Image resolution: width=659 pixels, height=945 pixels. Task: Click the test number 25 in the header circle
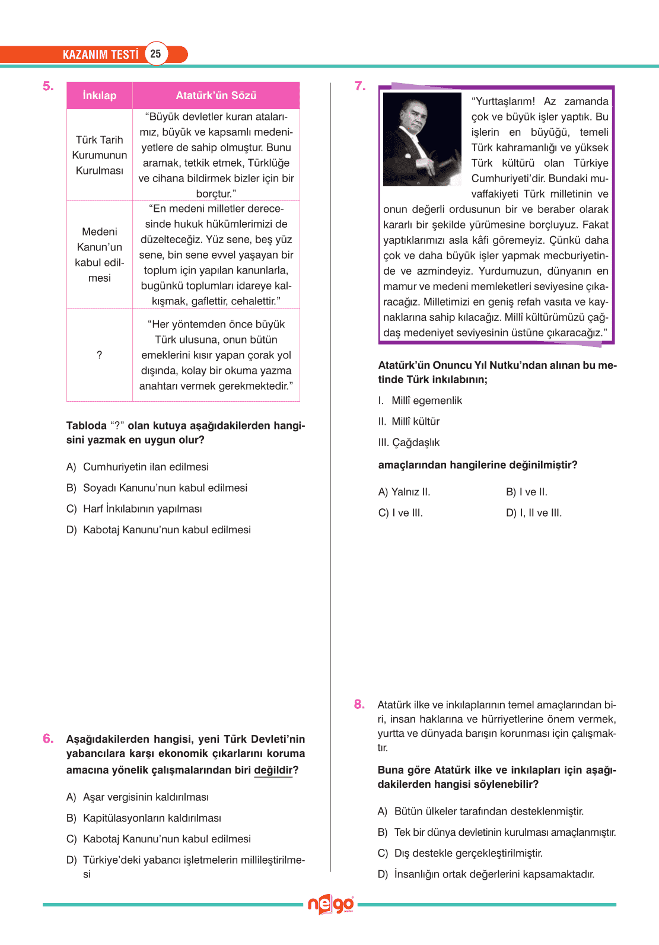(x=155, y=54)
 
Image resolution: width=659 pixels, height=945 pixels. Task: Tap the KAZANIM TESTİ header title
(x=100, y=55)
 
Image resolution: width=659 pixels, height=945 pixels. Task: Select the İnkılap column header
(x=100, y=96)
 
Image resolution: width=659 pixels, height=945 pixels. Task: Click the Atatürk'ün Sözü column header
(x=216, y=96)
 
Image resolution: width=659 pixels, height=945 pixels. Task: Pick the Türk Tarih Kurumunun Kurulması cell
(x=100, y=155)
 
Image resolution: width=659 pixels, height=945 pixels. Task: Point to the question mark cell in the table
(x=99, y=355)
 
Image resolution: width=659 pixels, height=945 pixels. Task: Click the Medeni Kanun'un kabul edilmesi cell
(x=100, y=254)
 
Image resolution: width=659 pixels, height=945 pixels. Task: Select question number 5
(x=48, y=87)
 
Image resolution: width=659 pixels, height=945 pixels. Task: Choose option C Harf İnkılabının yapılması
(x=142, y=509)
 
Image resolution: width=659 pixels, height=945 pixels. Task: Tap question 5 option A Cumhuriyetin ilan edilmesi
(x=145, y=467)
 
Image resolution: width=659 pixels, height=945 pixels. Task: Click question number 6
(x=48, y=739)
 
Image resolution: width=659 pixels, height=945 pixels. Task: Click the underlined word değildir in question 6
(x=273, y=770)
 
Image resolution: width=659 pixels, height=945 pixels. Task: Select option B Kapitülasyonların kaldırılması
(x=152, y=818)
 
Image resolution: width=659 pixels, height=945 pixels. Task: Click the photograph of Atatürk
(x=422, y=139)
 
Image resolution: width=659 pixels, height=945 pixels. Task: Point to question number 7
(x=360, y=87)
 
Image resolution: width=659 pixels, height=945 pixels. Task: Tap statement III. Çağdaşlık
(x=409, y=443)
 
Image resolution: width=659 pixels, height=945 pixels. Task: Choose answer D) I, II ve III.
(x=534, y=513)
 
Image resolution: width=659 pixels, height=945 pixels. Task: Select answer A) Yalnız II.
(x=405, y=492)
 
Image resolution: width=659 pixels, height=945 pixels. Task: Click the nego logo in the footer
(x=330, y=905)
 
